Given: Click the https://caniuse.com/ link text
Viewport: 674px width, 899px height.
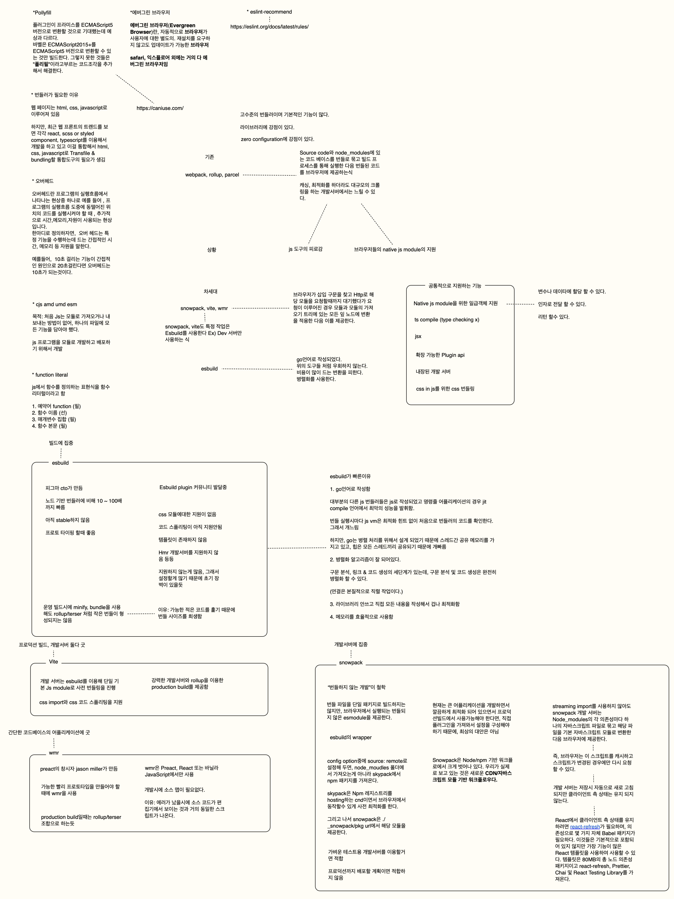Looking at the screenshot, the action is (x=160, y=108).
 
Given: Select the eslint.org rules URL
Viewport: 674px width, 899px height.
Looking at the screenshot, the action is (x=269, y=27).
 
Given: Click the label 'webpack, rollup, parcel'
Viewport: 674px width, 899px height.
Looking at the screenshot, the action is (x=212, y=175).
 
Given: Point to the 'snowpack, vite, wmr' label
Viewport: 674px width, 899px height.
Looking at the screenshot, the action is (x=204, y=308).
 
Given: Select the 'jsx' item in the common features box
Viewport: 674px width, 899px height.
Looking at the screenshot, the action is (x=418, y=336).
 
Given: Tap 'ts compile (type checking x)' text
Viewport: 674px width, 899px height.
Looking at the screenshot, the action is (x=447, y=319).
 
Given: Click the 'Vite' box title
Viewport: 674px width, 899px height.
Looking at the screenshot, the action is (x=53, y=662).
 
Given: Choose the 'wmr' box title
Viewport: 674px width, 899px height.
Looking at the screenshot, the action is (x=54, y=753).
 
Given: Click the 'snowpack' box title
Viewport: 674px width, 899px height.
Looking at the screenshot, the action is (x=351, y=662).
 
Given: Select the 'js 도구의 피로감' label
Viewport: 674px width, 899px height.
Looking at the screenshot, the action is (x=306, y=249).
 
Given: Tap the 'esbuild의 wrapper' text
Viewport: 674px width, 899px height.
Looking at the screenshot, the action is (x=351, y=737).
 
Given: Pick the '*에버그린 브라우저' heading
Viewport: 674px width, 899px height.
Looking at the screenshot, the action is (x=150, y=13).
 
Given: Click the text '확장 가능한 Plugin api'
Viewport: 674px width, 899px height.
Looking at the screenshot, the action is (x=440, y=355).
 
